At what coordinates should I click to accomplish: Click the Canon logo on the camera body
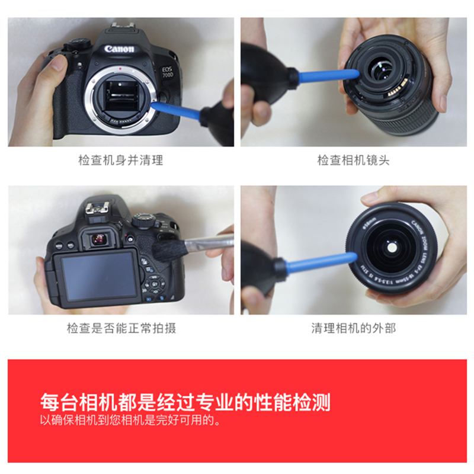[119, 49]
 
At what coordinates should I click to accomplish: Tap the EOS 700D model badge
[167, 72]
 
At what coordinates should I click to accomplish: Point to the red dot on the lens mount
[120, 69]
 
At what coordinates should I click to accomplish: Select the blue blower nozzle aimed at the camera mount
[176, 110]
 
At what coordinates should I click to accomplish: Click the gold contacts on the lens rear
[397, 88]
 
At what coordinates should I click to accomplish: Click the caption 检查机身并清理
[121, 160]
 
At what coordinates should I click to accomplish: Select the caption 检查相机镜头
[353, 160]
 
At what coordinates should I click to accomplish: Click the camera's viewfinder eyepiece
[98, 239]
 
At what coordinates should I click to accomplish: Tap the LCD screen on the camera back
[98, 277]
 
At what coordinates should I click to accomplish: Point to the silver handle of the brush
[209, 243]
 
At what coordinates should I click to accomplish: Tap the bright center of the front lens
[392, 248]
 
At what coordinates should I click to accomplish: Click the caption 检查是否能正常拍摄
[121, 328]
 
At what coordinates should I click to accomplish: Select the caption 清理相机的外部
[353, 328]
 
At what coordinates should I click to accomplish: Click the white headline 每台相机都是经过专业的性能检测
[185, 402]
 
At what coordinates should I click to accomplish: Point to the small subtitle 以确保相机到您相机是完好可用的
[130, 420]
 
